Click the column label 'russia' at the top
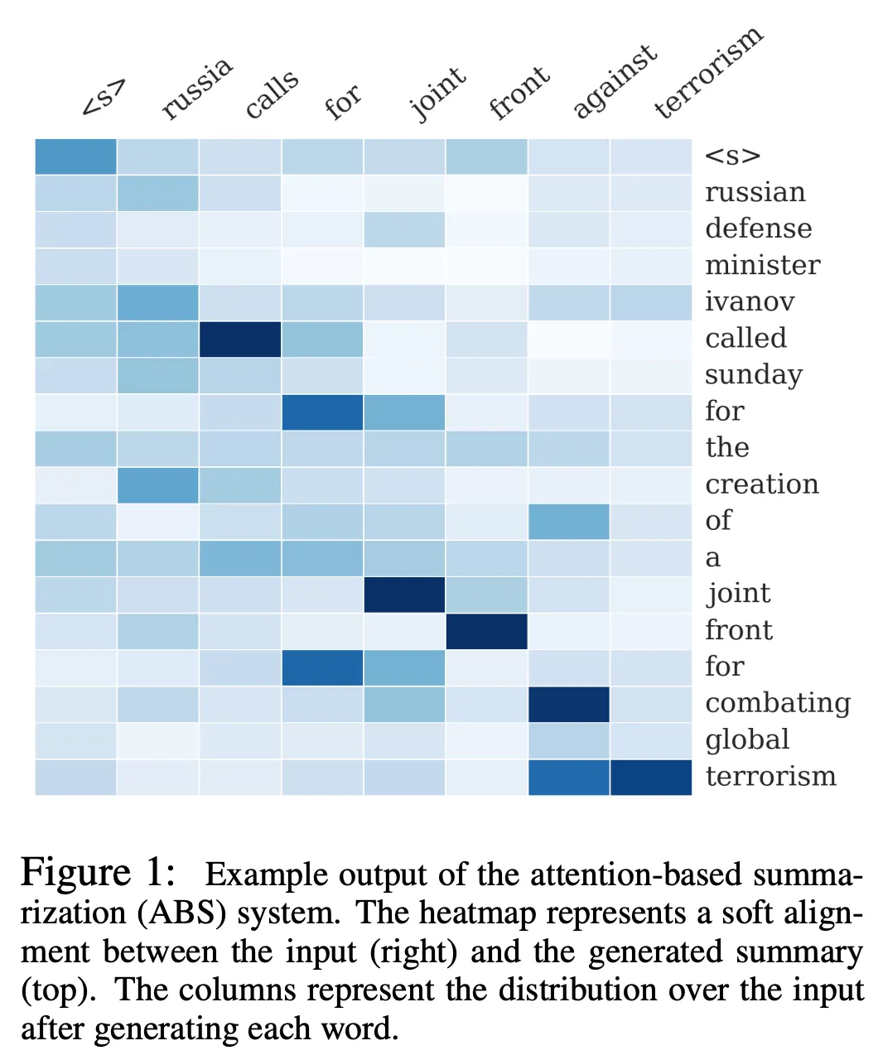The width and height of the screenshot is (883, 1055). (x=197, y=89)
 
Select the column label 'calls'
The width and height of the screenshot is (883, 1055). (x=272, y=94)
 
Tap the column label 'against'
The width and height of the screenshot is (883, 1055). (x=615, y=81)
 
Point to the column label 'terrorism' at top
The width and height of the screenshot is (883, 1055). (x=707, y=73)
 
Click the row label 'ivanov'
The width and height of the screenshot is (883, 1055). (x=750, y=301)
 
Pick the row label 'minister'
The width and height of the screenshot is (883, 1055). (x=762, y=265)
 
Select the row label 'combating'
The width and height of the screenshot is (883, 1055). (x=778, y=703)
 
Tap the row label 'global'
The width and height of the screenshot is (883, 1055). (x=747, y=739)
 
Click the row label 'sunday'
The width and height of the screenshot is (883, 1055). (x=753, y=375)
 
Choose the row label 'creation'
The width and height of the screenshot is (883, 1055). (x=761, y=484)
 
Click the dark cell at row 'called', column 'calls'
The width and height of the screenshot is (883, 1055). (x=240, y=339)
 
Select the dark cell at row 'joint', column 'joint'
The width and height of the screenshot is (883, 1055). (x=404, y=595)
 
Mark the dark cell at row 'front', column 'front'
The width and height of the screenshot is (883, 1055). (x=486, y=631)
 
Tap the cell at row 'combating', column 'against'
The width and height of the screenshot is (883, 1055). (x=568, y=704)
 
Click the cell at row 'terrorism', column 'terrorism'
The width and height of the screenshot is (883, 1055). (x=650, y=777)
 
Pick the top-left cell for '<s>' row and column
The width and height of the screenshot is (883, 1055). (x=75, y=157)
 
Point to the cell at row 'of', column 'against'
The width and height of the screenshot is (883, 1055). (x=568, y=521)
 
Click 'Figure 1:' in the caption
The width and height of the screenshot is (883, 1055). (x=98, y=873)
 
